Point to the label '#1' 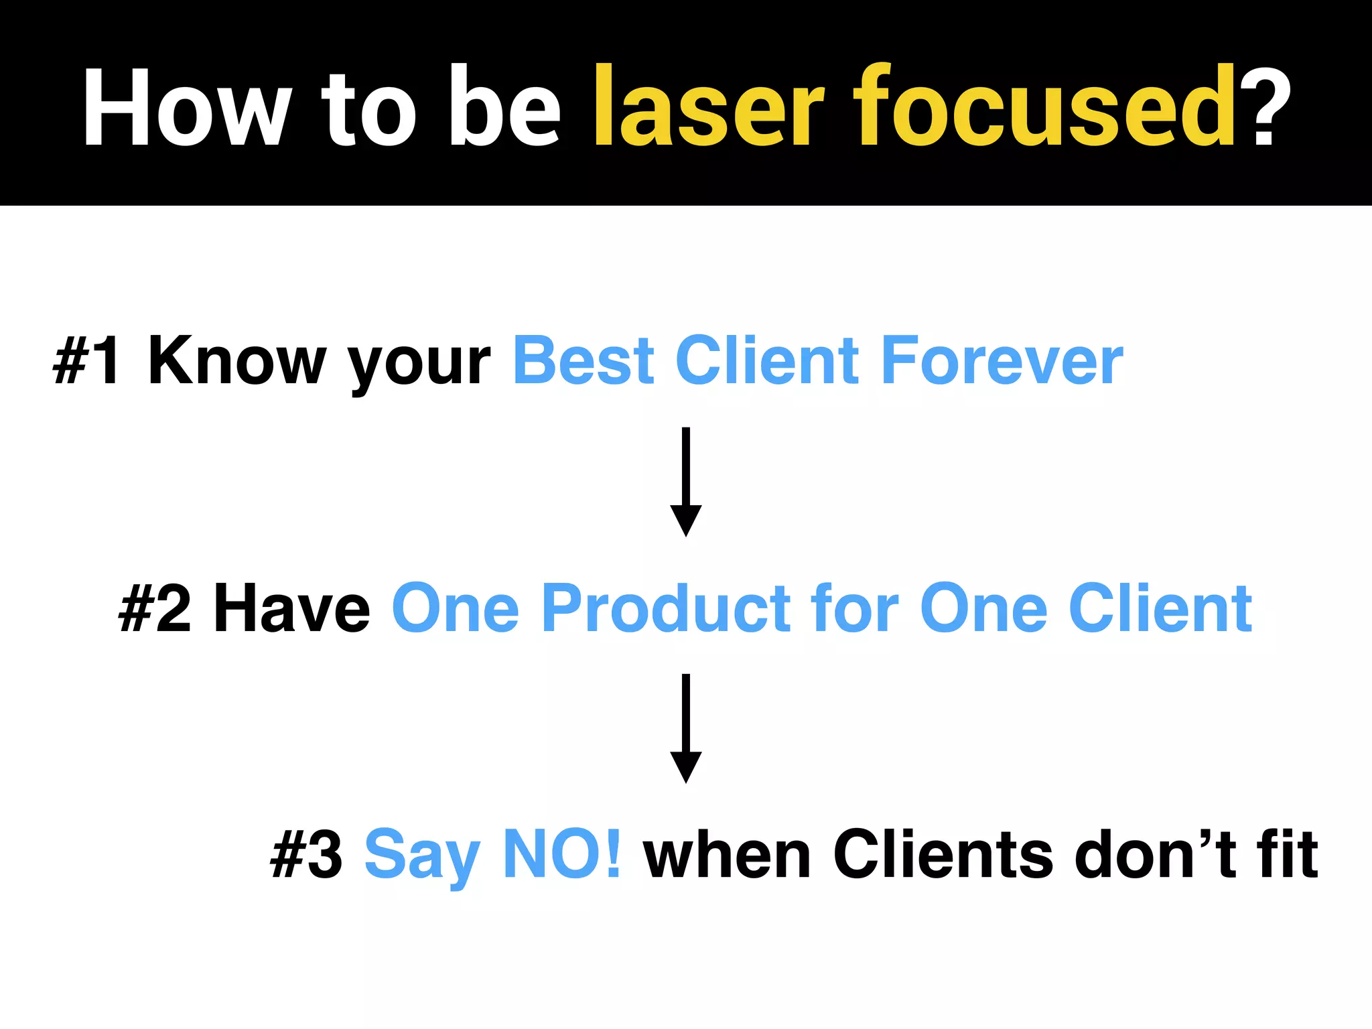point(88,362)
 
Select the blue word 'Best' point(583,362)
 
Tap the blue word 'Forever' point(1002,362)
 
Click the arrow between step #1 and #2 point(686,482)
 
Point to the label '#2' point(155,608)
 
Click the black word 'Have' point(291,608)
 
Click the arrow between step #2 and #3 point(686,729)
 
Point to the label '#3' point(306,855)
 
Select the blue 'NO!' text point(561,855)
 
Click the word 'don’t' point(1155,855)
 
